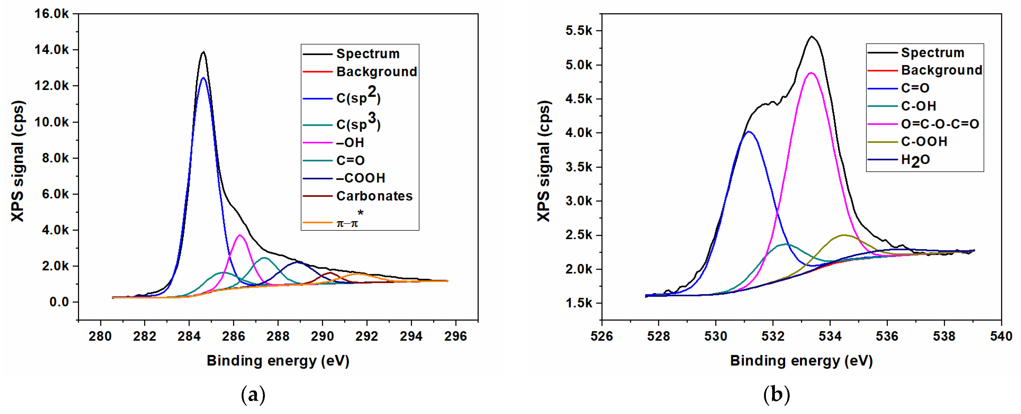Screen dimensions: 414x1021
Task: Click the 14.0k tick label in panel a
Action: click(x=52, y=50)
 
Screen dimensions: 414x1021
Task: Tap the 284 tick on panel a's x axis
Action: click(x=189, y=336)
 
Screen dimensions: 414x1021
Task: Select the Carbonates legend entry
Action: click(x=374, y=196)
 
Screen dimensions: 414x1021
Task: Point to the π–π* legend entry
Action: click(x=348, y=223)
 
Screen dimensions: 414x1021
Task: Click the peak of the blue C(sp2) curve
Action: click(x=203, y=78)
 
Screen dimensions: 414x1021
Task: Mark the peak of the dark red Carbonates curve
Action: click(x=330, y=273)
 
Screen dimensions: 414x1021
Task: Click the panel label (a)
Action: click(x=253, y=395)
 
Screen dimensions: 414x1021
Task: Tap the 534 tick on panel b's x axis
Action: click(x=830, y=336)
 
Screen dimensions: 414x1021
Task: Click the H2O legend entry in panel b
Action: click(x=915, y=160)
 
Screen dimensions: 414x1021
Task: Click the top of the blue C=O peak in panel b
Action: click(x=748, y=132)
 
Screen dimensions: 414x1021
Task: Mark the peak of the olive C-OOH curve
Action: click(x=843, y=235)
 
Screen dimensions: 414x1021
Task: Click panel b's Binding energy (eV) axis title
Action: click(x=801, y=361)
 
